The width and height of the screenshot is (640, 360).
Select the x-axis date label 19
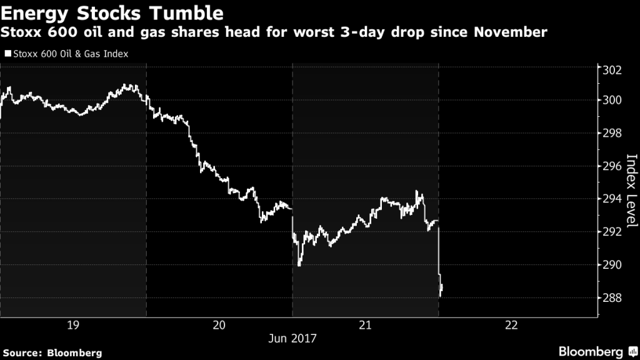point(72,325)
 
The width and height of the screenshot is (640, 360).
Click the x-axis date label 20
point(219,325)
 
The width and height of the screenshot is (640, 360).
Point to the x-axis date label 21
point(365,325)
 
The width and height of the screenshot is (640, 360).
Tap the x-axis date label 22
point(511,325)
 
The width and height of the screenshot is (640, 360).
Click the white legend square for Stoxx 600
point(7,54)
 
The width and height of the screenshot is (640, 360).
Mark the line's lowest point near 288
point(441,296)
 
